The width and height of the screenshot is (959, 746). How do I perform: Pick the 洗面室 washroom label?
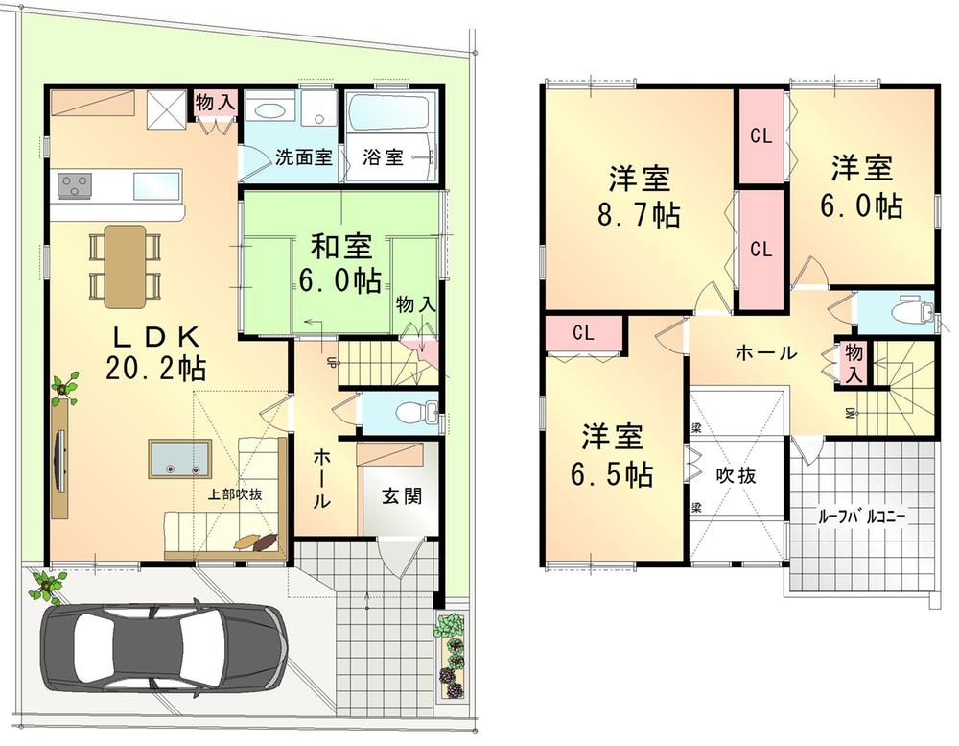tap(303, 157)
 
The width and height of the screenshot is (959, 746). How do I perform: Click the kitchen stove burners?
tap(76, 182)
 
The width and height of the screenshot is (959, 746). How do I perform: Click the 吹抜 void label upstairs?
tap(737, 474)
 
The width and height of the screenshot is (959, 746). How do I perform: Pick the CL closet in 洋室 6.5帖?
tap(583, 333)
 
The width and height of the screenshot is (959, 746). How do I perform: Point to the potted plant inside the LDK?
tap(65, 388)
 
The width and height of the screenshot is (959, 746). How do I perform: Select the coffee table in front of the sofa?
tap(180, 460)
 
